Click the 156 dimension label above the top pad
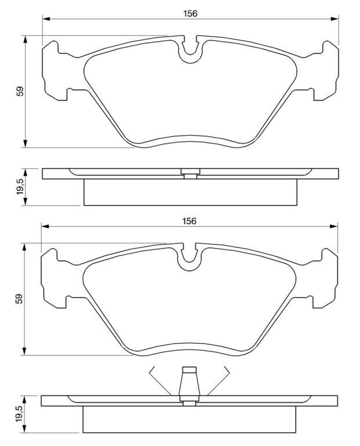(x=190, y=13)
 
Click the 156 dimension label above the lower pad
(x=189, y=221)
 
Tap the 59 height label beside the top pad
(x=20, y=91)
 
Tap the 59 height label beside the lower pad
(x=19, y=299)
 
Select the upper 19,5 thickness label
(x=20, y=186)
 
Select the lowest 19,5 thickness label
(x=19, y=414)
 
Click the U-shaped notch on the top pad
(x=190, y=54)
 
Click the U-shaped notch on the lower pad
(x=189, y=262)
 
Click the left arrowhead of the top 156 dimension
(x=46, y=19)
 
